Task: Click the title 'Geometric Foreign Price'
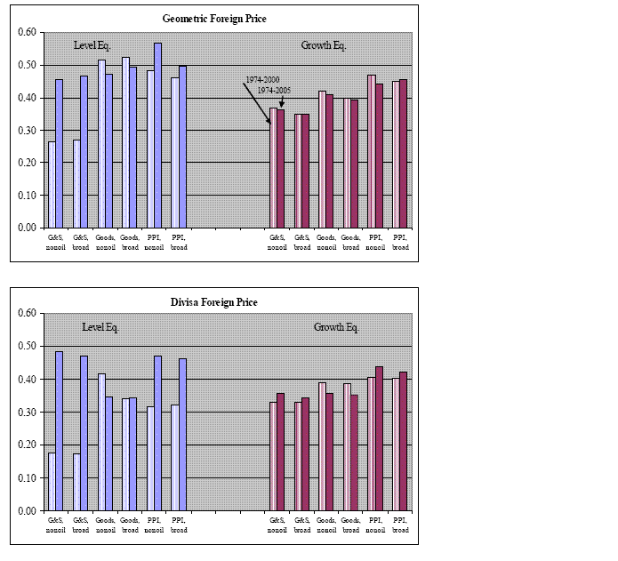214,18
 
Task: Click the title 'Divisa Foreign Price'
214,302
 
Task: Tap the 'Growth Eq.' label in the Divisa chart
336,327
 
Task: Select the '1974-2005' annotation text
276,91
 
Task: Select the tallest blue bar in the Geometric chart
157,135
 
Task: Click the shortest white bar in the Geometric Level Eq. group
52,184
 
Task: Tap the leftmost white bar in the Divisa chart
52,482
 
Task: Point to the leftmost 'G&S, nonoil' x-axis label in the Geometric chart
55,242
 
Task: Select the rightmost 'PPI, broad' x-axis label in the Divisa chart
400,525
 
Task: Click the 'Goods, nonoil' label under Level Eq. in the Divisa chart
105,525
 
